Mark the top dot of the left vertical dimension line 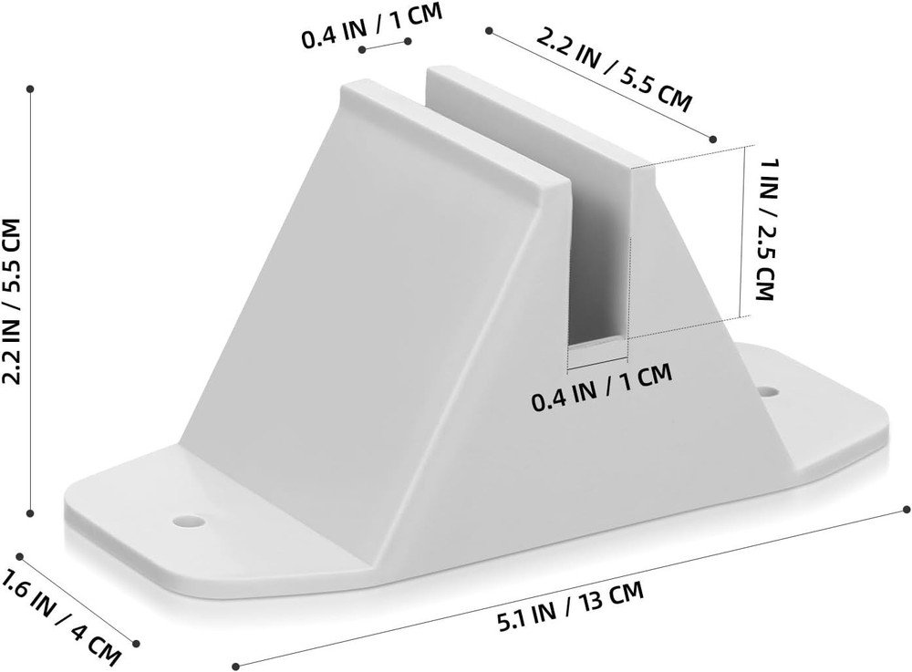pyautogui.click(x=31, y=89)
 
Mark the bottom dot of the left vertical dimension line pyautogui.click(x=31, y=512)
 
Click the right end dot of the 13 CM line pyautogui.click(x=906, y=508)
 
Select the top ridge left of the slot pyautogui.click(x=447, y=128)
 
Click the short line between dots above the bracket pyautogui.click(x=384, y=46)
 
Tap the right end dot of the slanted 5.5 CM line pyautogui.click(x=712, y=139)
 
